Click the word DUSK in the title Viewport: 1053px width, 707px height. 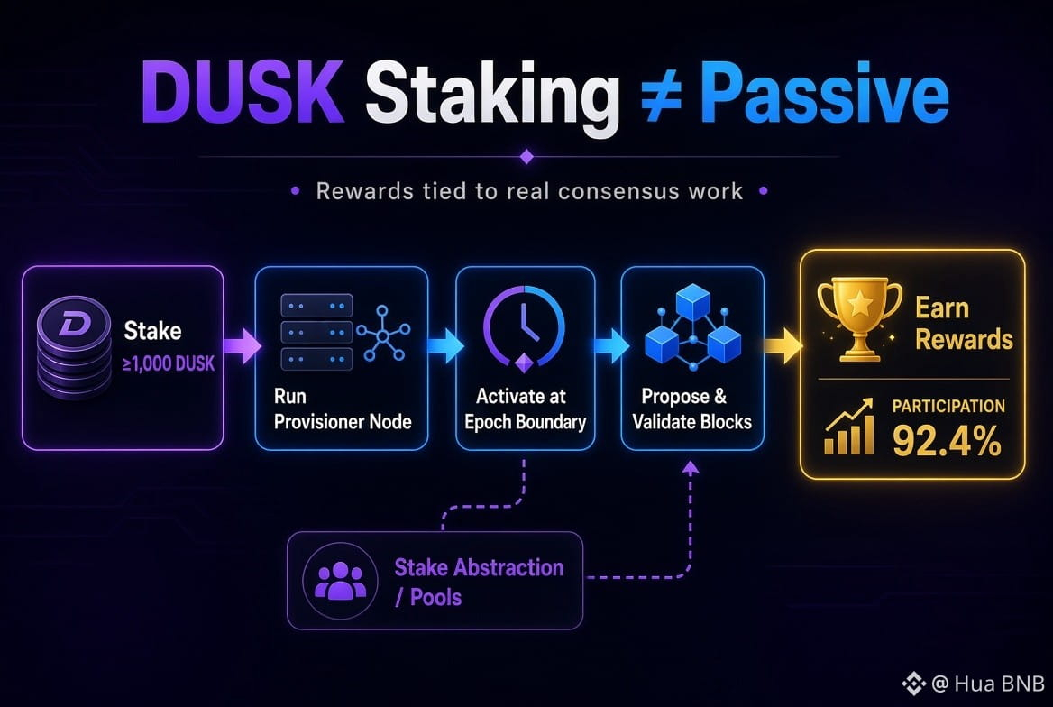tap(243, 92)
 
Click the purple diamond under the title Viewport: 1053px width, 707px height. tap(526, 157)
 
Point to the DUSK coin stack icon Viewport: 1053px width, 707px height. tap(74, 347)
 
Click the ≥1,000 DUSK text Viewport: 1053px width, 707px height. tap(168, 363)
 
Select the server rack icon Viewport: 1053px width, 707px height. tap(316, 332)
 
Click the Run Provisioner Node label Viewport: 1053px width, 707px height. tap(343, 409)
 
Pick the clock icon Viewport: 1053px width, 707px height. tap(524, 328)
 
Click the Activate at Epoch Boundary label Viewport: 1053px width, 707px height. tap(526, 409)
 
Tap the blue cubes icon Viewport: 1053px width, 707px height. tap(692, 326)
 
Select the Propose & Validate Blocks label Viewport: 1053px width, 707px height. tap(691, 409)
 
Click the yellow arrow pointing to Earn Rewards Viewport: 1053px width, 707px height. tap(783, 345)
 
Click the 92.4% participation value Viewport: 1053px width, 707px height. tap(947, 441)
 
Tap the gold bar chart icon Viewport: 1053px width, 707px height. tap(849, 427)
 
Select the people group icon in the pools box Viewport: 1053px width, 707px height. tap(341, 581)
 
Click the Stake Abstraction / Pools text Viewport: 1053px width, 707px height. tap(479, 582)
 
